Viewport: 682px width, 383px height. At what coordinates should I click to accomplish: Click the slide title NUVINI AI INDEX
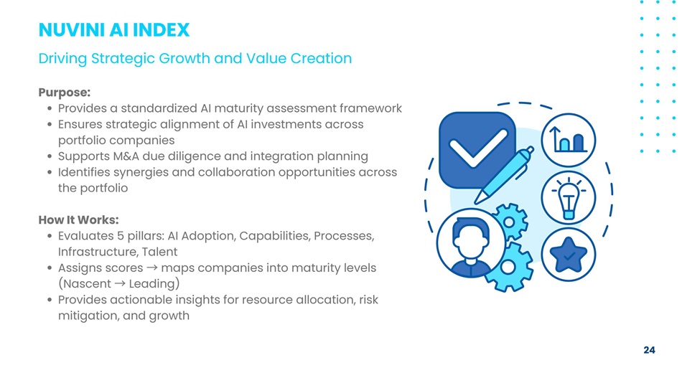[x=114, y=30]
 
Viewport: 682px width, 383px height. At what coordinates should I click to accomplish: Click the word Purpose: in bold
[x=65, y=92]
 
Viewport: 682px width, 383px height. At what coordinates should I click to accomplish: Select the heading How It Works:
[x=78, y=219]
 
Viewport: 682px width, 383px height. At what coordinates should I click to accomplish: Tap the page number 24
[x=649, y=350]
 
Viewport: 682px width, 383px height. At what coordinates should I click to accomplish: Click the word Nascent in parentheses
[x=87, y=284]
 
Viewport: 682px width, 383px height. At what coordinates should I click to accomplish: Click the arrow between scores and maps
[x=151, y=268]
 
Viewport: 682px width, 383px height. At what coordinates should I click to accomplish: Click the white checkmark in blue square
[x=477, y=148]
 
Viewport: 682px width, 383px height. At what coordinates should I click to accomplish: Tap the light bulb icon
[x=569, y=198]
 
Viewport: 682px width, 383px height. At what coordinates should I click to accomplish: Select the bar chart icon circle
[x=569, y=140]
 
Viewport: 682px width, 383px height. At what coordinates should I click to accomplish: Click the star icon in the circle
[x=568, y=255]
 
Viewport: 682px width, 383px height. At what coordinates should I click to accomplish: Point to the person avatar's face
[x=471, y=243]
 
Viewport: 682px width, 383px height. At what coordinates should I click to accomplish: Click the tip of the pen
[x=475, y=203]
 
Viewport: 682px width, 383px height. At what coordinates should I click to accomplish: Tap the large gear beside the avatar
[x=509, y=267]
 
